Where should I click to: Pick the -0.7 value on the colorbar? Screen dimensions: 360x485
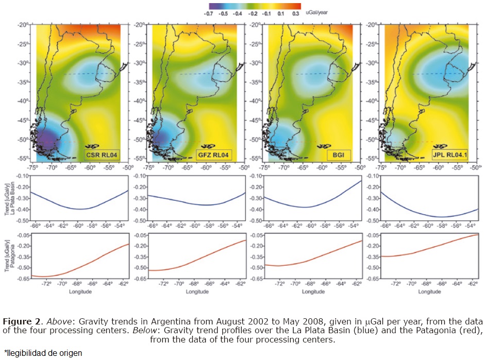pyautogui.click(x=209, y=15)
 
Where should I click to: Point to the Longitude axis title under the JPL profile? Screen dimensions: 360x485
pyautogui.click(x=429, y=292)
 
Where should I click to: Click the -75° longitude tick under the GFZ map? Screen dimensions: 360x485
pyautogui.click(x=148, y=168)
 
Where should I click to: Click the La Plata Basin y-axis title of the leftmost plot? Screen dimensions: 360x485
pyautogui.click(x=9, y=199)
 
